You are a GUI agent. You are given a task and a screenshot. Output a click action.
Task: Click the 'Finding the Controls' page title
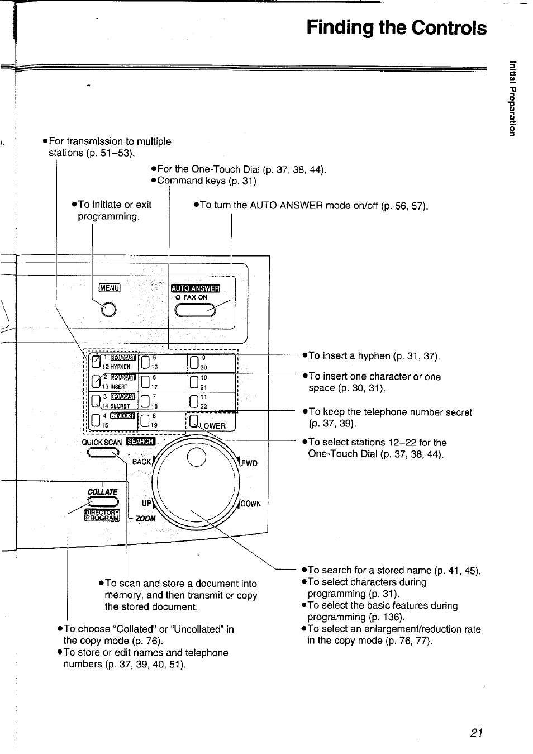pos(396,28)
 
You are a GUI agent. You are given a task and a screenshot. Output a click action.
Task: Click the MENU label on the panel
pos(110,288)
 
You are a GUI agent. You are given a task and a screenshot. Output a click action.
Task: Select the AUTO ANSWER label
pos(196,288)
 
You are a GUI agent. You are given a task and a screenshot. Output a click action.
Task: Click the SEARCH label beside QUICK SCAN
pos(140,441)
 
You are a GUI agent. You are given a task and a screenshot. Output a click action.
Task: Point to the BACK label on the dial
pos(142,462)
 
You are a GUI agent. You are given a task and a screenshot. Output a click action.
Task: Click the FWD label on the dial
pos(249,463)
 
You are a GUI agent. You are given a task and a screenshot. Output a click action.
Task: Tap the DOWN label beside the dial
pos(251,504)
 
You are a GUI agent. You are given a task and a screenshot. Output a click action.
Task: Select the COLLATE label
pos(102,492)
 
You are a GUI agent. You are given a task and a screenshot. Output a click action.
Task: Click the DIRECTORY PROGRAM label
pos(102,515)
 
